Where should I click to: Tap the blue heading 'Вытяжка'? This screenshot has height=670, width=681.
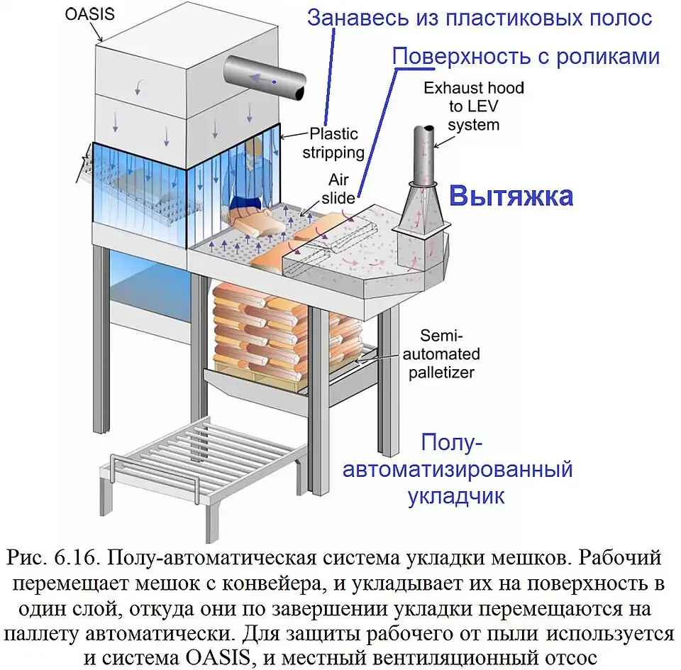click(x=511, y=196)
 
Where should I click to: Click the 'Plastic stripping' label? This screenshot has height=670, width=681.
click(x=333, y=143)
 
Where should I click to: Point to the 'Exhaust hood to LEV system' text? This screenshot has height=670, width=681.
click(x=473, y=106)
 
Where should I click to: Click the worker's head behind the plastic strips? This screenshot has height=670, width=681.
click(x=256, y=148)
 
